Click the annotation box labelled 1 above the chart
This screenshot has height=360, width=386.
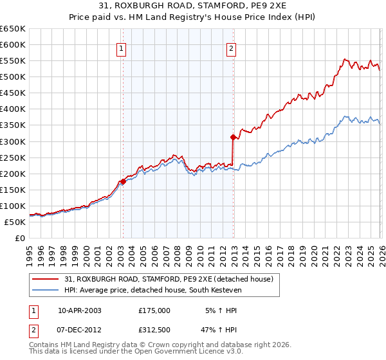click(x=122, y=47)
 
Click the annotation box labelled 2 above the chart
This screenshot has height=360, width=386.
click(x=231, y=47)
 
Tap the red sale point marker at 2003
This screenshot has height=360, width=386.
click(x=123, y=181)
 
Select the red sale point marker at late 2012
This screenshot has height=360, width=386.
click(x=233, y=137)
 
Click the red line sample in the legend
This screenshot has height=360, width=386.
click(x=46, y=279)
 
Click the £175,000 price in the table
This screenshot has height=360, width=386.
click(x=154, y=310)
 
